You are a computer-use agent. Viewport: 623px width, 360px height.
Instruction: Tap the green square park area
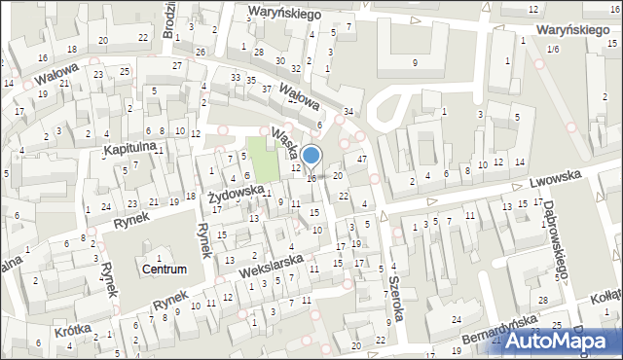261,151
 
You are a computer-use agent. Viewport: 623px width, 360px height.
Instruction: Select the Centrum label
164,269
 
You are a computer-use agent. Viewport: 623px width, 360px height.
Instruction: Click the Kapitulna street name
130,149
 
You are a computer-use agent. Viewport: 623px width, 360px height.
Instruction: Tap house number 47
361,159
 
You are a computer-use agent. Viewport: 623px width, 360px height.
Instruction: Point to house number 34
348,112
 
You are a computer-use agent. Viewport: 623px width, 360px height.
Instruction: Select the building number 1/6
553,49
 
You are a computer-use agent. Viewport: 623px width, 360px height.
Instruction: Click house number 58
558,276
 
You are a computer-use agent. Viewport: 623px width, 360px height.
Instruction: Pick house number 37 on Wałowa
267,89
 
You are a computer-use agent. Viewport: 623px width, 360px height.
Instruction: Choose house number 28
258,52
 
